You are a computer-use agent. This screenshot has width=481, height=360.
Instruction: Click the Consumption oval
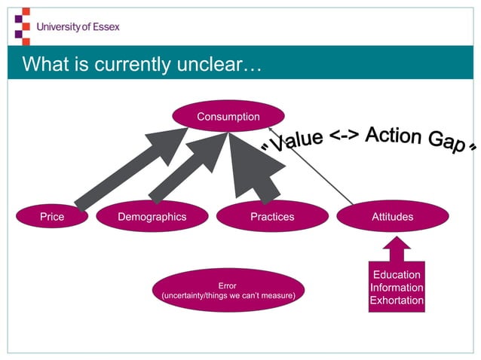pos(228,117)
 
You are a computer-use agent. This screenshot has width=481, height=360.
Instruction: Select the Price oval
pos(52,217)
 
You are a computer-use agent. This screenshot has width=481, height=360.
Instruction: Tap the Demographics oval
pos(152,217)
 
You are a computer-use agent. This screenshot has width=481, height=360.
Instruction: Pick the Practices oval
pos(272,217)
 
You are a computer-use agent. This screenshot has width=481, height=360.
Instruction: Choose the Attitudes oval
pos(392,217)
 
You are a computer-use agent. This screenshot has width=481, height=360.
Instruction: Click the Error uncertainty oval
pos(227,291)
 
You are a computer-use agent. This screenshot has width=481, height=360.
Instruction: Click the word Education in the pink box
pos(397,274)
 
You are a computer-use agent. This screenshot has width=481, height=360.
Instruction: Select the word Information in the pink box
pos(397,288)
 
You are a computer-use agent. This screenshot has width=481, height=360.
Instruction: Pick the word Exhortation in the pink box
pos(397,301)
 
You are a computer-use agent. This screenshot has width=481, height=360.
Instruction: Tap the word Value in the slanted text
pos(296,139)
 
